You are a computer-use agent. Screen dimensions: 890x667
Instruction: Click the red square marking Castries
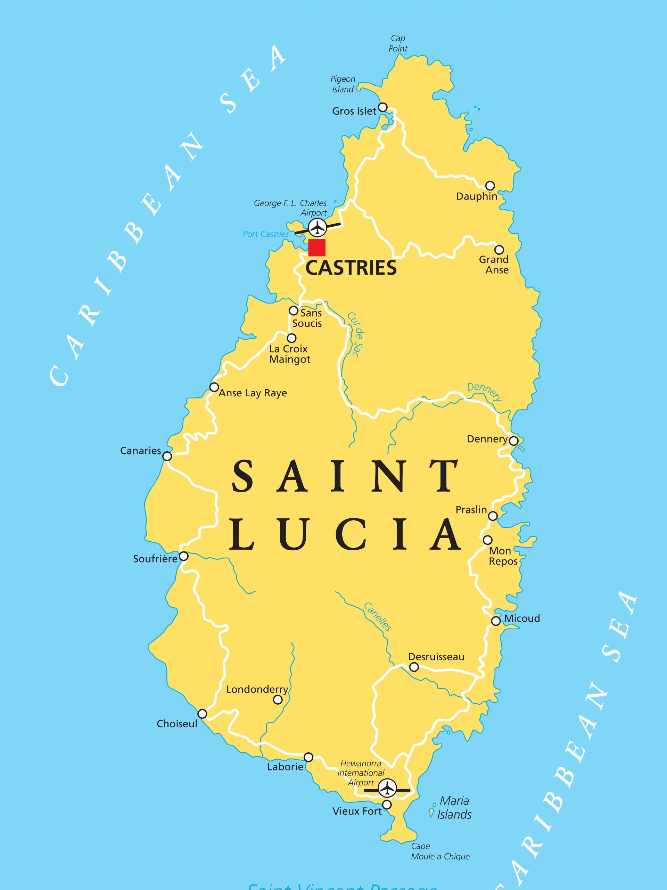tap(317, 248)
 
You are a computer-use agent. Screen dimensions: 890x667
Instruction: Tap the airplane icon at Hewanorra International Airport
tap(387, 788)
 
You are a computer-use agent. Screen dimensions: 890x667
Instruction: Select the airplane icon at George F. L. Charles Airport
tap(318, 228)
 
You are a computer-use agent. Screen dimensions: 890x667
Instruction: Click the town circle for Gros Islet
tap(383, 107)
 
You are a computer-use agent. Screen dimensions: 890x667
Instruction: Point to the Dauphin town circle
tap(490, 186)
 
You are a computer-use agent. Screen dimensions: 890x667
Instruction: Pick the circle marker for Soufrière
tap(183, 556)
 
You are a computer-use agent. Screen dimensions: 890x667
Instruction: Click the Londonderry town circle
tap(278, 700)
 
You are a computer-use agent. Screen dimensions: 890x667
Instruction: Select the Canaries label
tap(140, 451)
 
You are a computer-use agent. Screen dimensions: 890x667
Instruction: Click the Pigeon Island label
tap(343, 84)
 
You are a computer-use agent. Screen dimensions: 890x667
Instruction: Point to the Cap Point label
tap(398, 43)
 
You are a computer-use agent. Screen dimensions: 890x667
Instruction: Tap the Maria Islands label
tap(454, 808)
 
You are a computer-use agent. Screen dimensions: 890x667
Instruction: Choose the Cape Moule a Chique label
tap(440, 851)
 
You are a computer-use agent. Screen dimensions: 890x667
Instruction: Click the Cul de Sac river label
tap(356, 334)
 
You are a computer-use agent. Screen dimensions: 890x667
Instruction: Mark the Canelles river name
tap(378, 616)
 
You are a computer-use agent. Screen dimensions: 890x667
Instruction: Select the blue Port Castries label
tap(265, 234)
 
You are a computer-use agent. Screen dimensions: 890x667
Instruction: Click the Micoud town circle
tap(496, 621)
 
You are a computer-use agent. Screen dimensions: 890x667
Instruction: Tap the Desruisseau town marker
tap(414, 667)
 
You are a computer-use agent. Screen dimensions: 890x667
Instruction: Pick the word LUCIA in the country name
tap(345, 534)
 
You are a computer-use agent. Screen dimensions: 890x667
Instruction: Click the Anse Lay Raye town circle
tap(214, 387)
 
